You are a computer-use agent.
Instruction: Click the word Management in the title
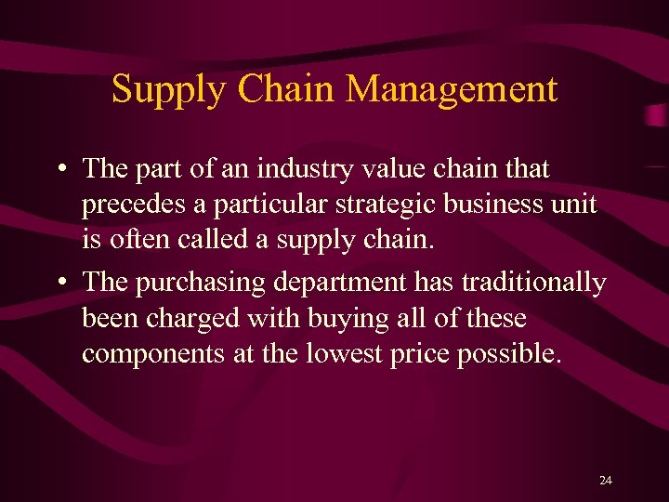[x=452, y=89]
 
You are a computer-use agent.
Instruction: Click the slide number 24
[x=606, y=480]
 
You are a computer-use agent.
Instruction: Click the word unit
[x=576, y=205]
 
